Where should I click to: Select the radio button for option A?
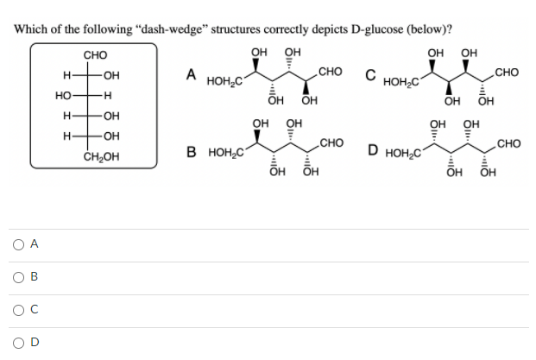pos(18,245)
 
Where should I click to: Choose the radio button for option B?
pos(18,278)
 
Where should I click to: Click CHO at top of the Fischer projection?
pos(96,55)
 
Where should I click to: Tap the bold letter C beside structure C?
pos(369,74)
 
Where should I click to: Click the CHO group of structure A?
pos(331,71)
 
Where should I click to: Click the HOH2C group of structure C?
pos(401,82)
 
